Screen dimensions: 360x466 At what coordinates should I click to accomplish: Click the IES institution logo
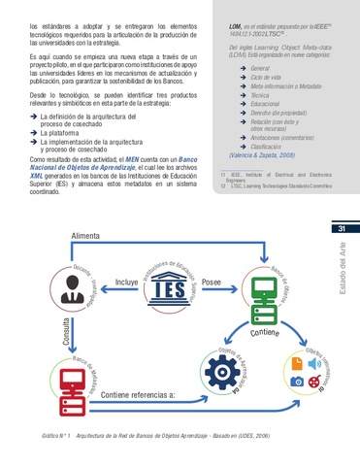pyautogui.click(x=172, y=288)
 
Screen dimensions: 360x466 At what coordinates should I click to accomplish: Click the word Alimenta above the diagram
pyautogui.click(x=85, y=238)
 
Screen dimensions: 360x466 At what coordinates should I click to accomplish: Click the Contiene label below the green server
pyautogui.click(x=264, y=332)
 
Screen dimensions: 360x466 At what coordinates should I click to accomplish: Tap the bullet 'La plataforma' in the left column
pyautogui.click(x=58, y=132)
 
